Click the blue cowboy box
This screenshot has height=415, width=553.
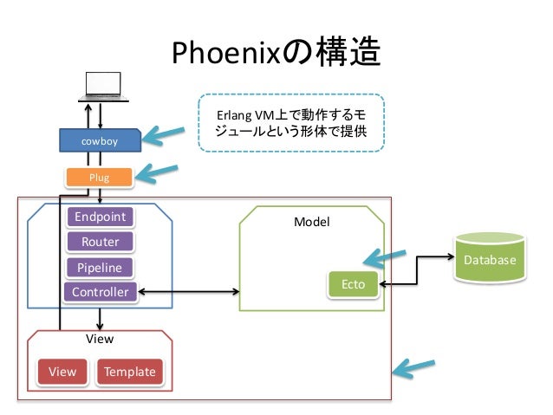pyautogui.click(x=101, y=140)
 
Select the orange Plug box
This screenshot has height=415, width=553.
pyautogui.click(x=99, y=178)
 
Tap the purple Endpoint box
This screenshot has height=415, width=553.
pyautogui.click(x=101, y=217)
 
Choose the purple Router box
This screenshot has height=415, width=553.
pyautogui.click(x=101, y=242)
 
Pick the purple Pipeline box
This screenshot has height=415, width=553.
pyautogui.click(x=100, y=268)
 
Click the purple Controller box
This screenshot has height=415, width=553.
pyautogui.click(x=101, y=292)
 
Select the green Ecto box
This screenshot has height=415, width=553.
pyautogui.click(x=353, y=284)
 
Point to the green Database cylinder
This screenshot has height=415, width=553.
pyautogui.click(x=490, y=257)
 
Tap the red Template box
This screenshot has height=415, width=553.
pyautogui.click(x=130, y=372)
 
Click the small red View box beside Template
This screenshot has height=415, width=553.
pyautogui.click(x=62, y=372)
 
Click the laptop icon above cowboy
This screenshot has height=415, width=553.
pyautogui.click(x=103, y=88)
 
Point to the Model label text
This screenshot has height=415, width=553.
pyautogui.click(x=312, y=222)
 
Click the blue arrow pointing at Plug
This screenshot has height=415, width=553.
pyautogui.click(x=157, y=172)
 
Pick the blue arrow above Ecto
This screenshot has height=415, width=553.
pyautogui.click(x=385, y=257)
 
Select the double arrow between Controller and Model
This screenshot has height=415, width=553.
pyautogui.click(x=189, y=292)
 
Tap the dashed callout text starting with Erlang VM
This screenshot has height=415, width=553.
pyautogui.click(x=291, y=123)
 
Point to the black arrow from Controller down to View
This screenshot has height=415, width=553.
pyautogui.click(x=100, y=319)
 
